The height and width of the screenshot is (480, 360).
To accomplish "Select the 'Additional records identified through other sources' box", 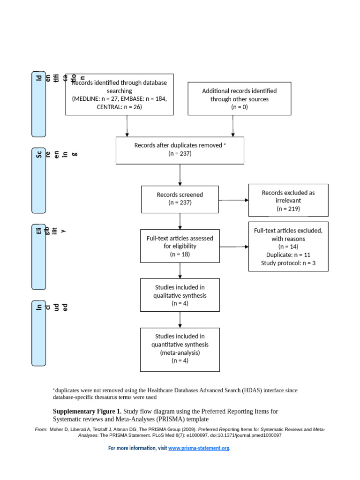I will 239,98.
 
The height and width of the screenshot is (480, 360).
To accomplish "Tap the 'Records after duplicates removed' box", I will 180,150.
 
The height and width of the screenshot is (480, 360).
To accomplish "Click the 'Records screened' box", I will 180,199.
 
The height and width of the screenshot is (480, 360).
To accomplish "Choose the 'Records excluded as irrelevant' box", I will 288,200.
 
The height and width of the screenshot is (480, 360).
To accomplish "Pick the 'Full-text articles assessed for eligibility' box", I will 180,246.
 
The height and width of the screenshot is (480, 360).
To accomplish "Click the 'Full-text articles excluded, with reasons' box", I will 288,247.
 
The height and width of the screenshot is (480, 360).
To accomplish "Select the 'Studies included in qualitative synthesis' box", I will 180,295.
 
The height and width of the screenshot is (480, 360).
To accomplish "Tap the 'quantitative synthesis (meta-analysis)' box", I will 180,349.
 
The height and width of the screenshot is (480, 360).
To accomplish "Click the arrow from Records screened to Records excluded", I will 233,200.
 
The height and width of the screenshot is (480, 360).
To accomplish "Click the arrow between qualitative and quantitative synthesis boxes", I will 180,320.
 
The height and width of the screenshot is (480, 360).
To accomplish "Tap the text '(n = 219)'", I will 288,209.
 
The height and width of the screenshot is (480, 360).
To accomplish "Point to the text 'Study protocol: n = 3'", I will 288,263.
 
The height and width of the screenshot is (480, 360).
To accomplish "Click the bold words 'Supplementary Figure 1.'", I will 87,411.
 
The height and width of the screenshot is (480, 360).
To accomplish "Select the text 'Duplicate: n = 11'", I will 288,255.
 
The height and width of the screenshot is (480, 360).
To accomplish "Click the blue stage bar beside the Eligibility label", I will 38,256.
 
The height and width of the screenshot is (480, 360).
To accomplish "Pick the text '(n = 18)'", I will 180,254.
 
